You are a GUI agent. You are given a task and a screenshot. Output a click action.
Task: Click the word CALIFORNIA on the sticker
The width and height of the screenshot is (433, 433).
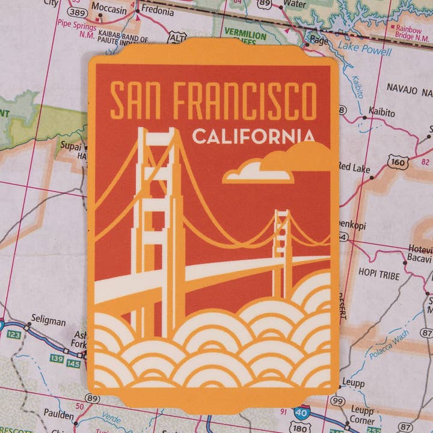253,137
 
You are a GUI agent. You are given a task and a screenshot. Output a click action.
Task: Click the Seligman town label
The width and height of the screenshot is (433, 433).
48,321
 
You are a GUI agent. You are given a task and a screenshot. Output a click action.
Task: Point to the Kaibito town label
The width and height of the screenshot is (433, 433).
381,112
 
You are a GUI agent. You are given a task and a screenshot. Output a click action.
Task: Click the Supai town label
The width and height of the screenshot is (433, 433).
71,145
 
